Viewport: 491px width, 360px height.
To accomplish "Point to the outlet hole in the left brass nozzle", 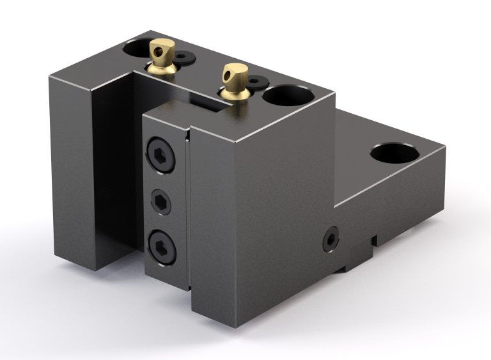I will (x=165, y=46).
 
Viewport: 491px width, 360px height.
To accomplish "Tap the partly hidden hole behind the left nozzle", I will (x=136, y=47).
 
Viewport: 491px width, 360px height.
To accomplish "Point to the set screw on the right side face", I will (x=330, y=238).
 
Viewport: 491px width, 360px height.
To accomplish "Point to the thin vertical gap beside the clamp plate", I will (x=188, y=211).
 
